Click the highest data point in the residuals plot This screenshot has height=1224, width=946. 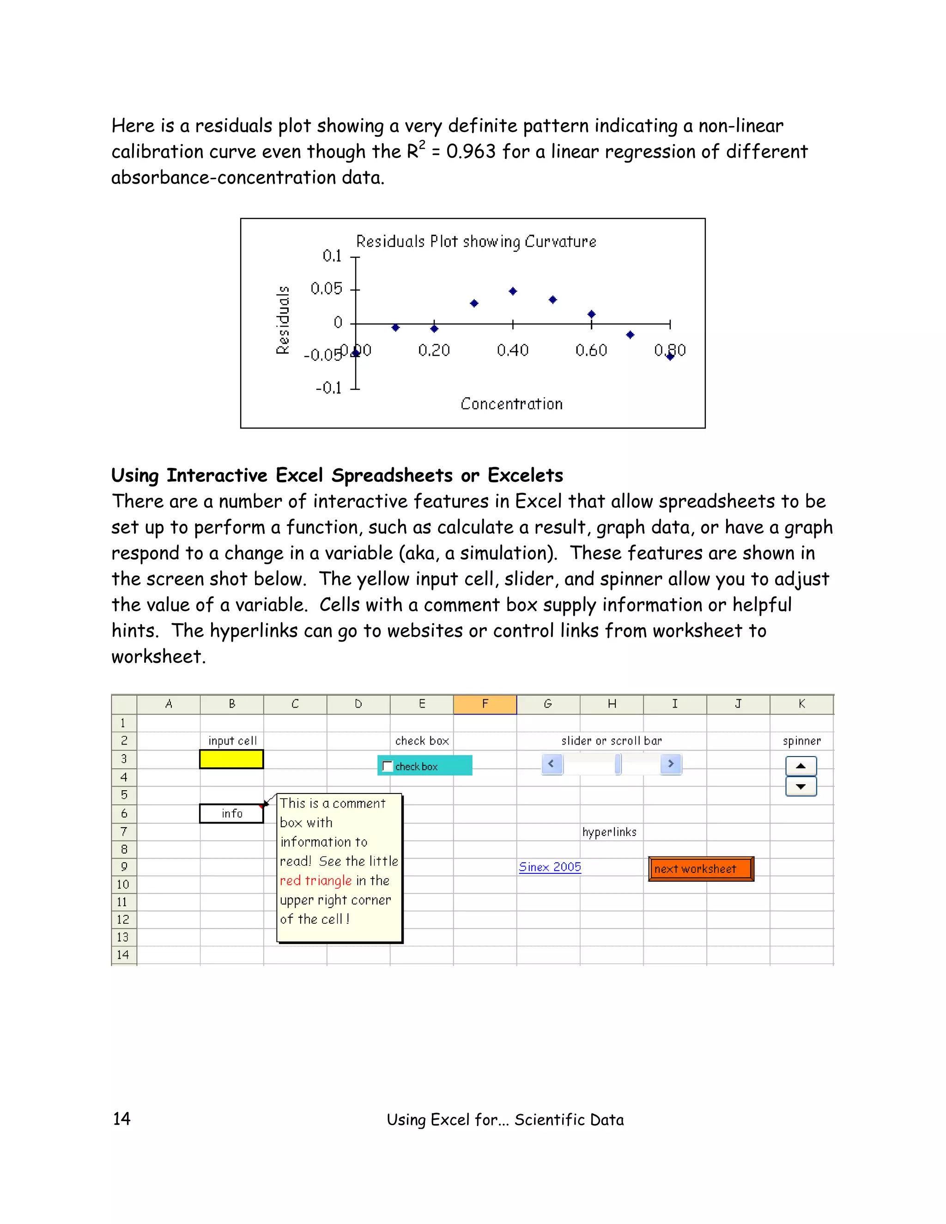pos(513,291)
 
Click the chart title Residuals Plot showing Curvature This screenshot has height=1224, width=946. pos(476,242)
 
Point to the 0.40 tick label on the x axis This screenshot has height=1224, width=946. pos(512,350)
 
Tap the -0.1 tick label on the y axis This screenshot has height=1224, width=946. pos(328,388)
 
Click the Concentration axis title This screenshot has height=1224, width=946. pos(511,404)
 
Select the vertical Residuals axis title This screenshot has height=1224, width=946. pos(283,320)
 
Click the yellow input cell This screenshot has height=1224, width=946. pos(231,759)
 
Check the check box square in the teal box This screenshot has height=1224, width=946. pos(387,766)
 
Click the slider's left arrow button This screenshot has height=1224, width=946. pos(552,764)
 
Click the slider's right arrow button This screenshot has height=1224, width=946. pos(670,764)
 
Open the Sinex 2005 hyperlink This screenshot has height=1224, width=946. pos(550,867)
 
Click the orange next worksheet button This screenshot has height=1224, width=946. pos(701,869)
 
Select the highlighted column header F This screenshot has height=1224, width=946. pos(485,704)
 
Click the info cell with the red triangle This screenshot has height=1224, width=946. pos(231,814)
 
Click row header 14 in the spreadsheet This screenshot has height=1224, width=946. pos(123,954)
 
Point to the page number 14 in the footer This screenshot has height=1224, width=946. pos(121,1119)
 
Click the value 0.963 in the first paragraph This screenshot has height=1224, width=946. pos(471,151)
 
